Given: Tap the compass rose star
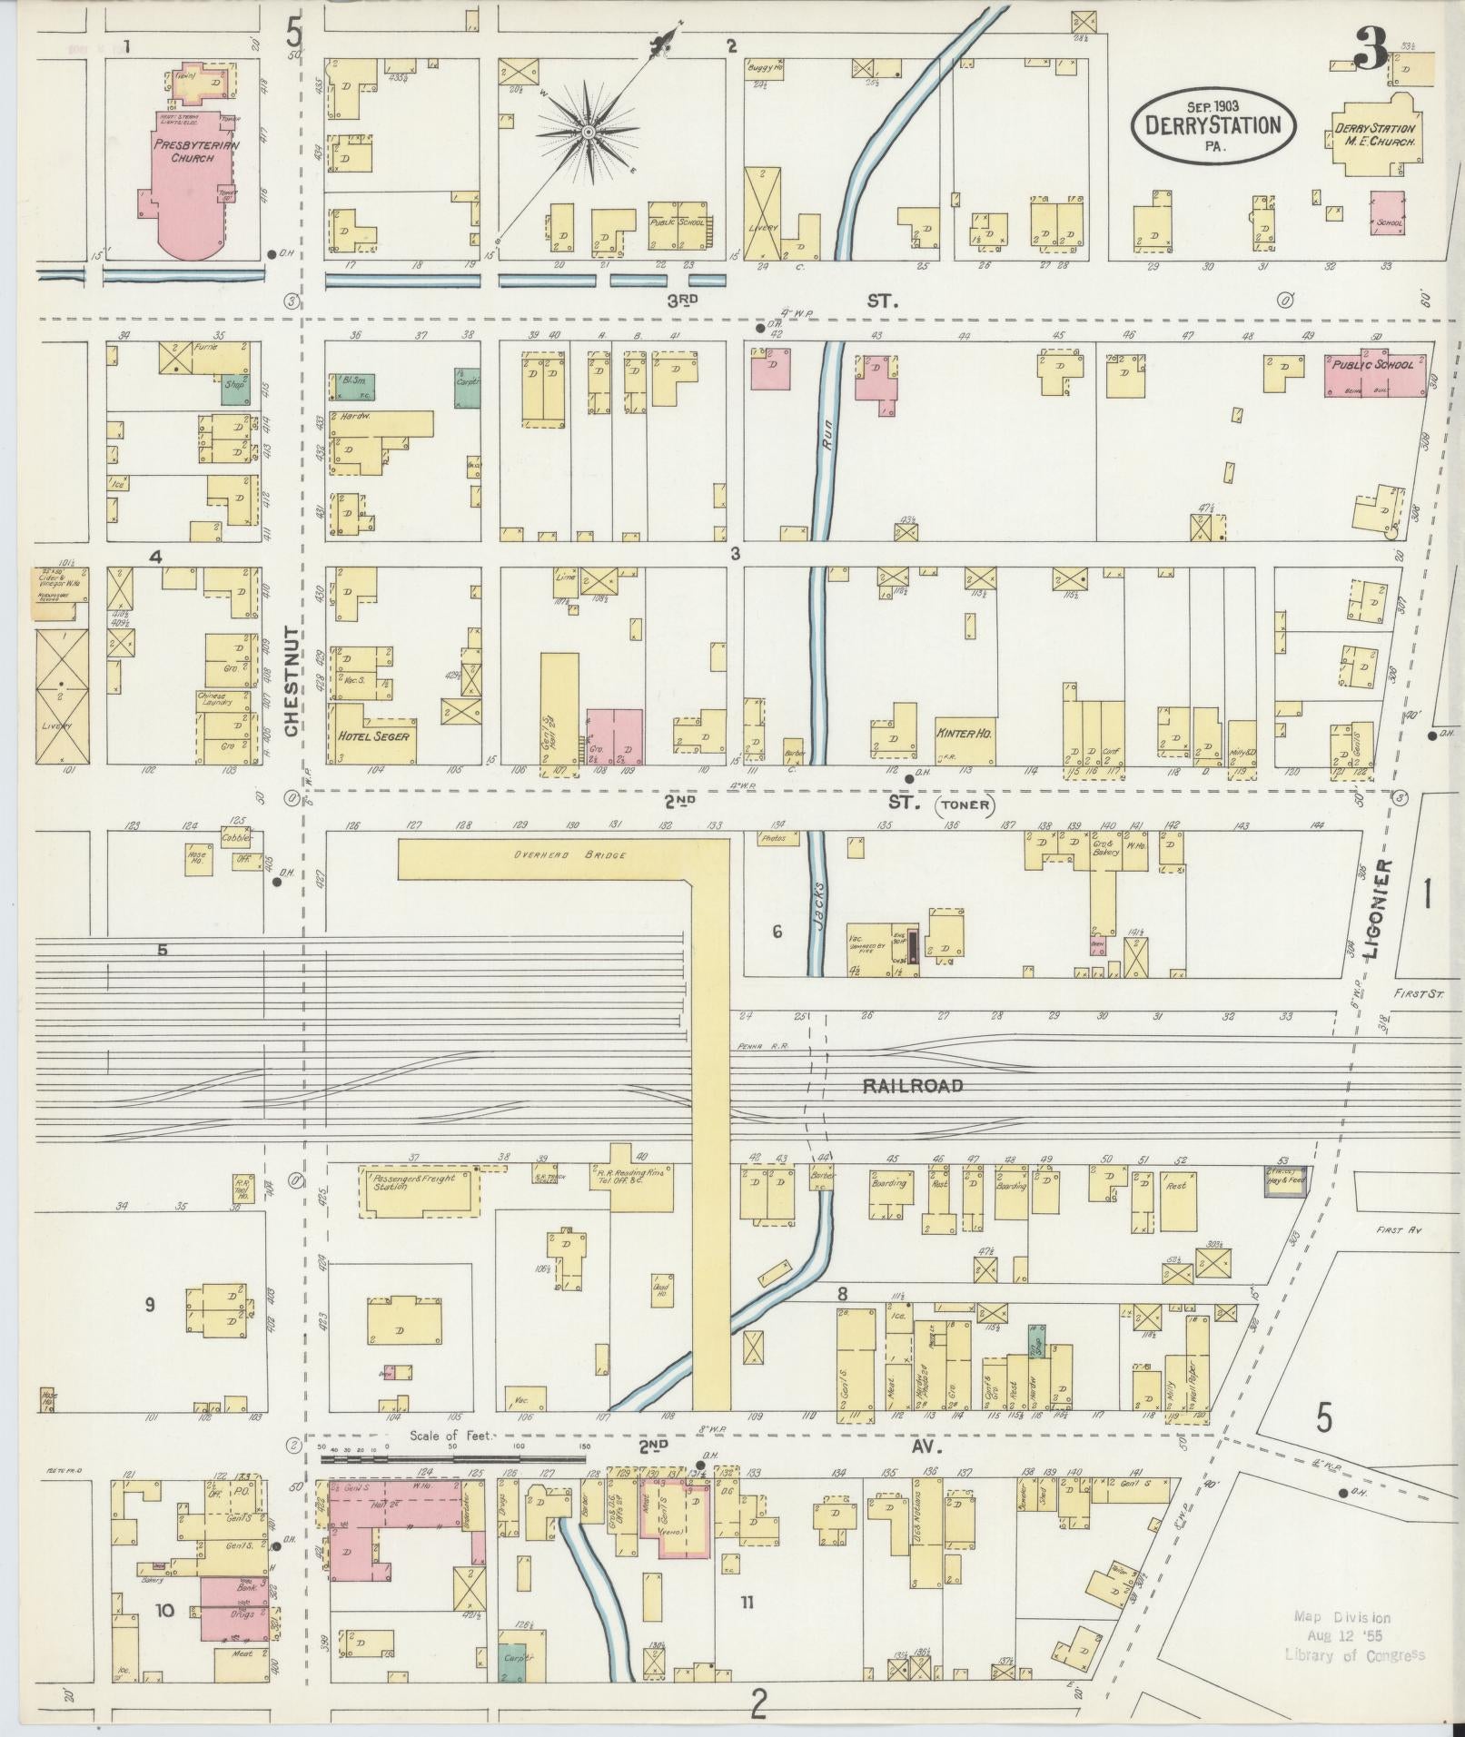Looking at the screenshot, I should (589, 133).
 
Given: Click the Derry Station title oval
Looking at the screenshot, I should (1213, 125).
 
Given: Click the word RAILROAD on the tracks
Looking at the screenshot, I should (912, 1085).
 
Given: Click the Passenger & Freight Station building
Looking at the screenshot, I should (421, 1190).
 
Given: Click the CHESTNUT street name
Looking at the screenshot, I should (292, 682).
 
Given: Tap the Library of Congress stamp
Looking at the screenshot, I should (1354, 1635).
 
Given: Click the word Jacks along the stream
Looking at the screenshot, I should (817, 903).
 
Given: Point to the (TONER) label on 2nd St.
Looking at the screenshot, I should (965, 804).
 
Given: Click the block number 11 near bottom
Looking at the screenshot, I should (746, 1602).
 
